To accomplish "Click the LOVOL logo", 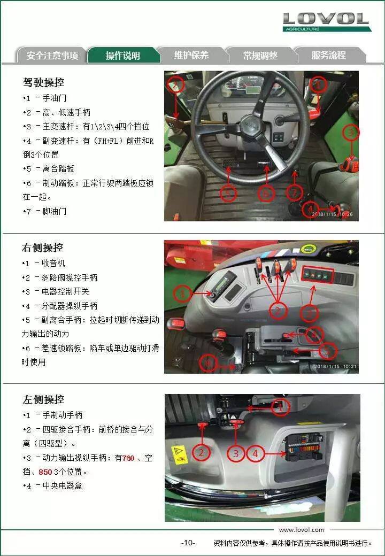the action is [x=327, y=22].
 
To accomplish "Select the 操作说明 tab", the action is [x=122, y=55].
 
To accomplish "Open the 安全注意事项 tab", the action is [x=52, y=55].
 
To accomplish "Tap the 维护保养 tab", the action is [x=191, y=55].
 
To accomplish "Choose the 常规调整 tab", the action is [x=260, y=55].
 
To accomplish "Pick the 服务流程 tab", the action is [x=329, y=55].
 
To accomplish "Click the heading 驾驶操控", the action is [x=44, y=82].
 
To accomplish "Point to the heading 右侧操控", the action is [x=43, y=248].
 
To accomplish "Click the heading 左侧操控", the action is [x=44, y=399].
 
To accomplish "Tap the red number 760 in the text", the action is [x=128, y=458].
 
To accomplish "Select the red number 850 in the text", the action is [x=45, y=472].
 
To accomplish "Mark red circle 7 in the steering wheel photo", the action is [x=294, y=193].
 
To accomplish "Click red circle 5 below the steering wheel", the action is [x=228, y=193].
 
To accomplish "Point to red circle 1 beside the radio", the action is [x=182, y=294].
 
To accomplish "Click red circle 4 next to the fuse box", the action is [x=255, y=453].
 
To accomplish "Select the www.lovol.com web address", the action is [x=302, y=530].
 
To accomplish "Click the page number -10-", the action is [x=188, y=543].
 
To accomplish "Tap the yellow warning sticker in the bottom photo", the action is [x=179, y=454].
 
